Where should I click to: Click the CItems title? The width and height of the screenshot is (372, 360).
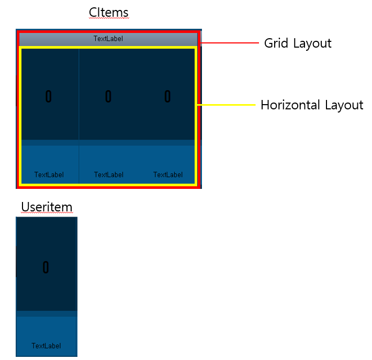click(x=108, y=12)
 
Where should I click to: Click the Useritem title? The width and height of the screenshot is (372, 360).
click(x=47, y=207)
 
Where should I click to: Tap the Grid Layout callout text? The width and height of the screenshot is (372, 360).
click(x=298, y=43)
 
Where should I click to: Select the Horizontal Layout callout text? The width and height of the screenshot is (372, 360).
click(x=312, y=105)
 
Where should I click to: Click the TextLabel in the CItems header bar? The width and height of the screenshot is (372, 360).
click(x=108, y=39)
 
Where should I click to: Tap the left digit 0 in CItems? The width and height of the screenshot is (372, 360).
click(x=49, y=96)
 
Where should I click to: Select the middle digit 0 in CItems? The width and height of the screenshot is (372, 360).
click(x=108, y=96)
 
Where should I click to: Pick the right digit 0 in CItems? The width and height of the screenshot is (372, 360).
click(x=167, y=96)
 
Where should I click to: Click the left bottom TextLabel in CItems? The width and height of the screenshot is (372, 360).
click(x=49, y=175)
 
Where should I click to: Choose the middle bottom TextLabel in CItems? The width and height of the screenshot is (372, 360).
click(x=109, y=175)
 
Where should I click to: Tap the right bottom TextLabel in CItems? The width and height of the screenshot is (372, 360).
click(x=168, y=175)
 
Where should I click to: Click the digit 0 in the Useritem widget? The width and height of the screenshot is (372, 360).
click(x=46, y=267)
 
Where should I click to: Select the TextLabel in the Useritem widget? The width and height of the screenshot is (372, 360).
click(x=46, y=346)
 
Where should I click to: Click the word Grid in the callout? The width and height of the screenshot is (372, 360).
click(x=276, y=43)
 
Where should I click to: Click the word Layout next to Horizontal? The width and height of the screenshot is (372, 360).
click(x=344, y=106)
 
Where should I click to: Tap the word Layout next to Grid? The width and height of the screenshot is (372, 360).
click(x=312, y=43)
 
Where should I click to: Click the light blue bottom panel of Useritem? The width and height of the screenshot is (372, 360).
click(x=47, y=330)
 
